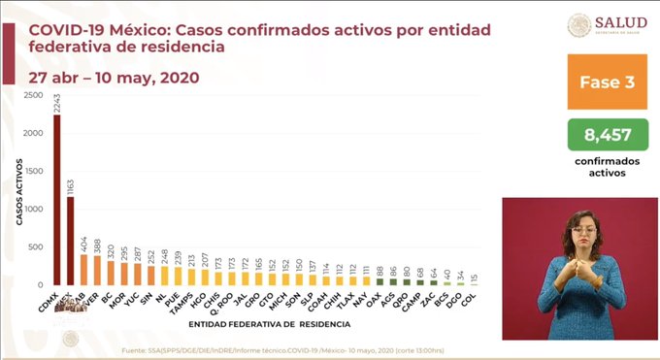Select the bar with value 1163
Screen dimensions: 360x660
71,242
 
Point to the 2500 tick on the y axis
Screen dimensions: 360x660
33,95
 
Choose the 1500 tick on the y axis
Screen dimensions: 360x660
33,172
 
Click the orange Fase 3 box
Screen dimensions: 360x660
608,82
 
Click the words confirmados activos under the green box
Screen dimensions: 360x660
608,167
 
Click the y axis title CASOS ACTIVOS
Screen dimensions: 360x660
18,191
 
